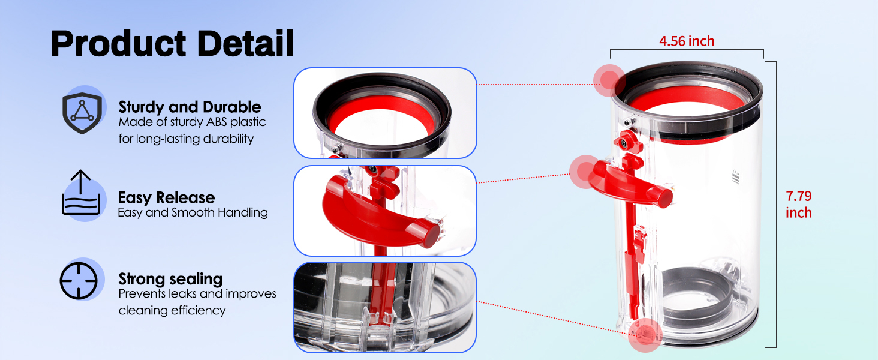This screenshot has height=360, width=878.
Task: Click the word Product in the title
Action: click(118, 44)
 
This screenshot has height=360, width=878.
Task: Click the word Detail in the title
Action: click(245, 43)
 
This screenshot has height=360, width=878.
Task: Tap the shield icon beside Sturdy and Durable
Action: click(82, 113)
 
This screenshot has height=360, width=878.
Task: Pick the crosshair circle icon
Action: click(79, 281)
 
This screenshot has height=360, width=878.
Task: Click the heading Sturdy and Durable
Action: click(190, 107)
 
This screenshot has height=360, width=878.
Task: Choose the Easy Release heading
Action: click(166, 197)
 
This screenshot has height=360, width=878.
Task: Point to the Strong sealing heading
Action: click(170, 279)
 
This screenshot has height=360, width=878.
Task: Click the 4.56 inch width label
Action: click(687, 41)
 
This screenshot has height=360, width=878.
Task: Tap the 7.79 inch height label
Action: click(799, 205)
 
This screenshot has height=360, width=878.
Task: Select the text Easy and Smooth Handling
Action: click(193, 212)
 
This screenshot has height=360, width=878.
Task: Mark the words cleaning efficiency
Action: click(172, 311)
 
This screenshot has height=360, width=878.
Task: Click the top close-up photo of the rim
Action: click(385, 113)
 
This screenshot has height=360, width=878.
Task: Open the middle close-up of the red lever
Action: click(385, 211)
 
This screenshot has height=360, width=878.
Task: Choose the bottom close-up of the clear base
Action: click(385, 307)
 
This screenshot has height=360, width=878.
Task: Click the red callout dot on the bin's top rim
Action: click(609, 80)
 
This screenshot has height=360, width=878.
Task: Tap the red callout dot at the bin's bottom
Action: click(645, 335)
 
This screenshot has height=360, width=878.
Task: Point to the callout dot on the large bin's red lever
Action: click(585, 172)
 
